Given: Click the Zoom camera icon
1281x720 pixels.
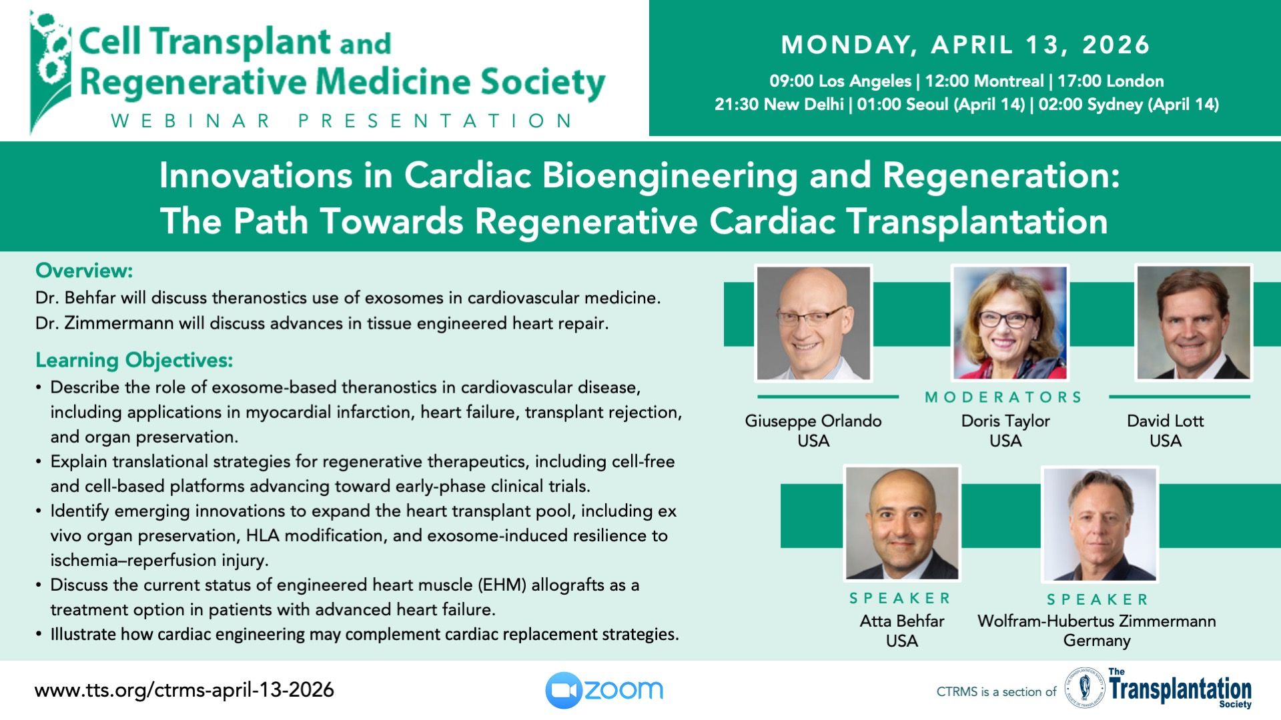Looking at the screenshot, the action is click(564, 690).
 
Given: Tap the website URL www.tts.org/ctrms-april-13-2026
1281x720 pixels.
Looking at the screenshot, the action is click(184, 689).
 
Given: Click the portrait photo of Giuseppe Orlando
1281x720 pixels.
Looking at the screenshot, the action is click(813, 323).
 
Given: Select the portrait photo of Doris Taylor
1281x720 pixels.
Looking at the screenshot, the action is click(1009, 323).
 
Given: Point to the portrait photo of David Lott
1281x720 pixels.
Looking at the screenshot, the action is click(1193, 323).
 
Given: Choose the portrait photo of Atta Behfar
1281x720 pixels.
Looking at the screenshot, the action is click(902, 523).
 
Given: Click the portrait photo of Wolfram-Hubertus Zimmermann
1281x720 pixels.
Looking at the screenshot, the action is click(1100, 524).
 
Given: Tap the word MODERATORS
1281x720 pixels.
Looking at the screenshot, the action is click(1003, 397).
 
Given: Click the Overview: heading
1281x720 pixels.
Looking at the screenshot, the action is click(84, 271).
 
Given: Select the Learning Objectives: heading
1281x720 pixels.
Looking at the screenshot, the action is click(134, 360).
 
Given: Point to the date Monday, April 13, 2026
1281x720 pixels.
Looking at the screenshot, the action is click(965, 45).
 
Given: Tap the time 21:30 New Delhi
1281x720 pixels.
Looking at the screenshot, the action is click(779, 104).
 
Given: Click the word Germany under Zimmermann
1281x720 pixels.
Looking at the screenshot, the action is click(1097, 641).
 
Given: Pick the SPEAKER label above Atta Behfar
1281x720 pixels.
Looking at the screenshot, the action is click(900, 598).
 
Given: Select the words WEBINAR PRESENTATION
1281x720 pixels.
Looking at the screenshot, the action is click(342, 121).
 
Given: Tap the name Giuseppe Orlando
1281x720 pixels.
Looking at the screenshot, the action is click(813, 421).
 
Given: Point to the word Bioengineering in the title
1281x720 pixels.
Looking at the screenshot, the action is click(670, 175).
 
